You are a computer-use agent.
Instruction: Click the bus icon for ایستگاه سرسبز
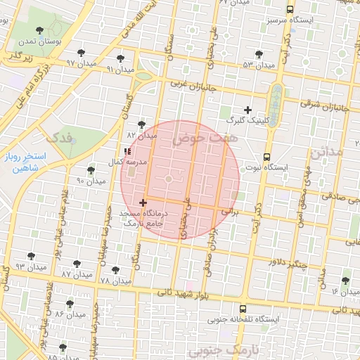pos(290,10)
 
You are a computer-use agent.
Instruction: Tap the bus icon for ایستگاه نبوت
pos(266,157)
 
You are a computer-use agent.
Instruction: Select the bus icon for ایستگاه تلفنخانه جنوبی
pos(243,309)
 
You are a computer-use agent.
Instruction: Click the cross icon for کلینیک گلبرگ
pos(247,110)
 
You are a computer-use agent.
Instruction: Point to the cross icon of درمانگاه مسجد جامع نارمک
pos(143,202)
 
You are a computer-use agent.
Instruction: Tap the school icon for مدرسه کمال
pos(127,151)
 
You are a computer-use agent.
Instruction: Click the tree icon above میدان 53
pos(259,54)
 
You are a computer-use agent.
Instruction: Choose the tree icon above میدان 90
pos(91,170)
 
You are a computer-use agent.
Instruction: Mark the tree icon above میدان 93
pos(30,256)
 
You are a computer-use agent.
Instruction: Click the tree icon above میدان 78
pos(115,269)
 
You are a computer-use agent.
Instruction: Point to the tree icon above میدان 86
pos(69,303)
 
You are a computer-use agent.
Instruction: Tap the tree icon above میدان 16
pos(345,278)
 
